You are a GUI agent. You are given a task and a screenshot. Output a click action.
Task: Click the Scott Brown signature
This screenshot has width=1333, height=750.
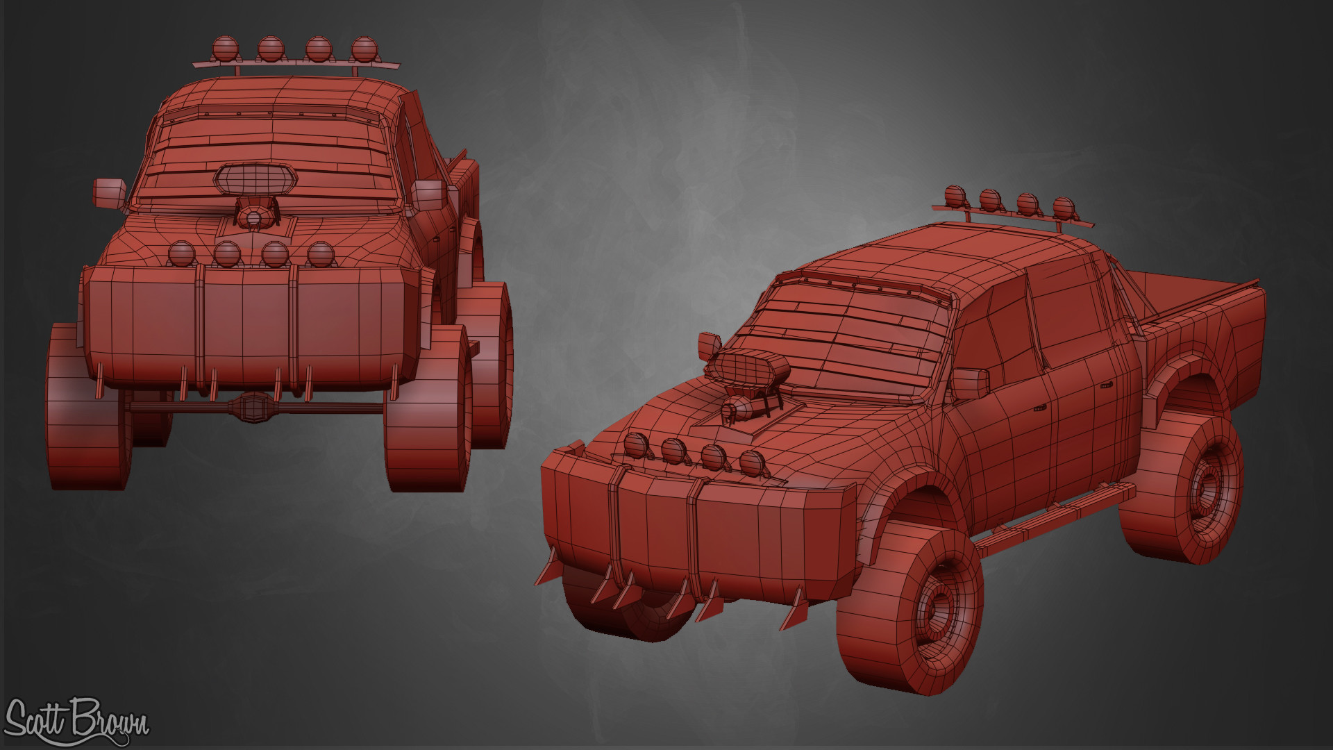(76, 722)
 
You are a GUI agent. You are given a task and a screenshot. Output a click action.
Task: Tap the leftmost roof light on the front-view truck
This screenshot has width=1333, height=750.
(226, 49)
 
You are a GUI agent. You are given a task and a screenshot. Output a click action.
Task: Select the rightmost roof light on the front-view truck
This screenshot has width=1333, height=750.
(364, 49)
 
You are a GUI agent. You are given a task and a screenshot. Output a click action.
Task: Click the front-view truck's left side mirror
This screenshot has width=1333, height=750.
(110, 192)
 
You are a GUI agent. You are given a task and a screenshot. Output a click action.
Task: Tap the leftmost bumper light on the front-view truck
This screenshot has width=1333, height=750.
(182, 253)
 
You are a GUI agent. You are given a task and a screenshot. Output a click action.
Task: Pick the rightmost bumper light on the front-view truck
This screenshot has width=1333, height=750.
(321, 254)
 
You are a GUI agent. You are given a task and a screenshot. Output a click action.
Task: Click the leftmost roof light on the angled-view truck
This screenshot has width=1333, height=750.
(955, 196)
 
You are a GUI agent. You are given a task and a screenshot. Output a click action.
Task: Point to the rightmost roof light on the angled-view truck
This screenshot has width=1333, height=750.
(1063, 207)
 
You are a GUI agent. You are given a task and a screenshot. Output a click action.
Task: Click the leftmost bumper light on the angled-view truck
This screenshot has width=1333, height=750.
(635, 445)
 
